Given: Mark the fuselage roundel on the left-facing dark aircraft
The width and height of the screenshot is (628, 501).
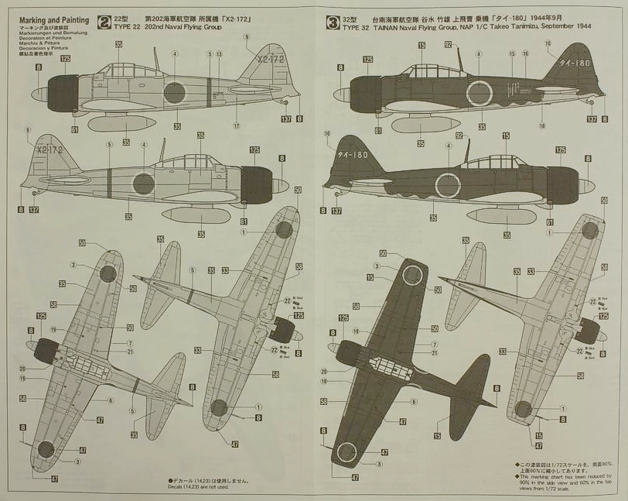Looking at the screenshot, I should click(x=479, y=94).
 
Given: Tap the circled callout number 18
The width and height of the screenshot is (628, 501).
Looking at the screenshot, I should click(x=542, y=126).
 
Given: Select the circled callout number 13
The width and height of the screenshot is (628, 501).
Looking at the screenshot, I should click(x=219, y=54).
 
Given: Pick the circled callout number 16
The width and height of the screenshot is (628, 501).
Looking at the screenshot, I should click(x=526, y=54).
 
